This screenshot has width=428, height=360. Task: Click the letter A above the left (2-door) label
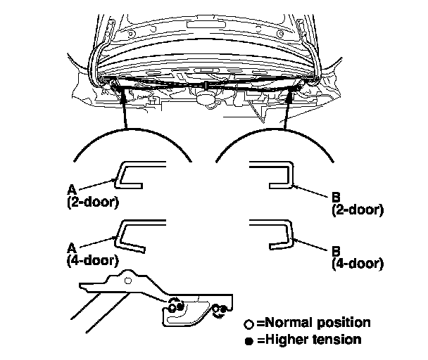pos(71,188)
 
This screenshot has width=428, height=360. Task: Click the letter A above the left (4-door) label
pos(71,247)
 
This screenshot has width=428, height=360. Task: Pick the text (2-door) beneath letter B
pos(357,209)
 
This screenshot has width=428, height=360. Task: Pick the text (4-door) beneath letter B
pos(357,264)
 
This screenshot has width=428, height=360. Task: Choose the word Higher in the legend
pos(286,340)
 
